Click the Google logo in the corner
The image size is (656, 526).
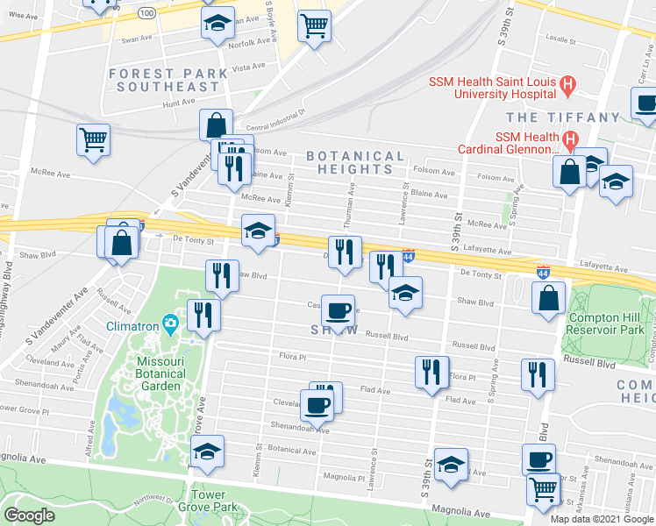(x=30, y=515)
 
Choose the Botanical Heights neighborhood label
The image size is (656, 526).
(x=355, y=162)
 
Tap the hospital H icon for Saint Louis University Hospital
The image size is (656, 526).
(x=567, y=85)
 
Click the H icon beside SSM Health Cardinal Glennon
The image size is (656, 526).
(x=569, y=139)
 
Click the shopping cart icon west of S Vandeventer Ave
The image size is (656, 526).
(x=93, y=139)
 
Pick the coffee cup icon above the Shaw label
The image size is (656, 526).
(x=338, y=309)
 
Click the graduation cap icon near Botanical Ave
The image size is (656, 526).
(x=207, y=453)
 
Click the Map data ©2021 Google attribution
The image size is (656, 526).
(x=601, y=518)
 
